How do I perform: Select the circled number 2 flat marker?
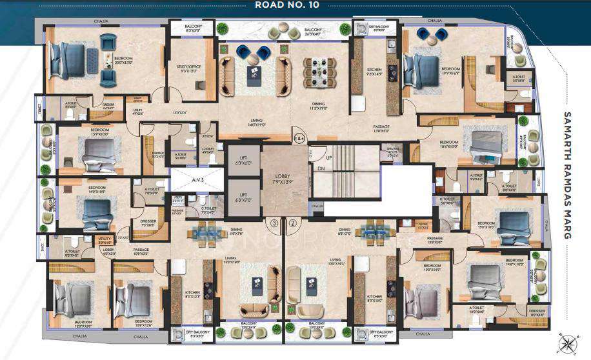pos(292,223)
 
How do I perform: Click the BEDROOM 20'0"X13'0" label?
pos(123,59)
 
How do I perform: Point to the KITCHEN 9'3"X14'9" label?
pos(374,72)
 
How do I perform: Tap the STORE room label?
pos(406,225)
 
